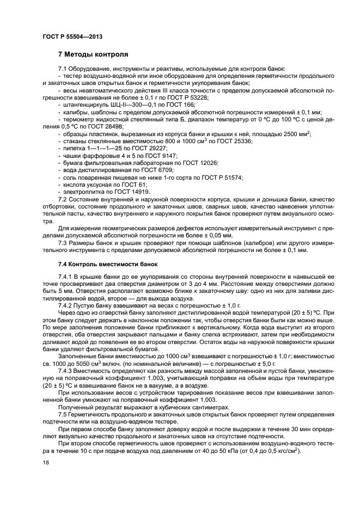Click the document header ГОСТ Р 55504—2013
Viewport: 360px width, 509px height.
tap(72, 36)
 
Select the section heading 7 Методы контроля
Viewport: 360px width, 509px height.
tap(93, 55)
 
